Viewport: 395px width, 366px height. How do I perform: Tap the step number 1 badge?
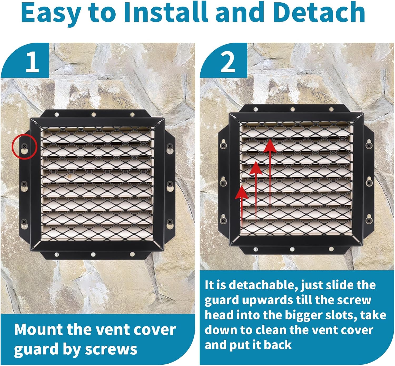(x=32, y=62)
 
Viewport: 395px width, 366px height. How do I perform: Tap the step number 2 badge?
(x=228, y=62)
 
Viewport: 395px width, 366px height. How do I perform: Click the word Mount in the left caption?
(x=38, y=329)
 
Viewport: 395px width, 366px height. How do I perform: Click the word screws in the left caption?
(x=111, y=349)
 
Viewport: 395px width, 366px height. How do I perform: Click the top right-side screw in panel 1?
(x=170, y=146)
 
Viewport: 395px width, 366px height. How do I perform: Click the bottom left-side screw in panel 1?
(x=24, y=222)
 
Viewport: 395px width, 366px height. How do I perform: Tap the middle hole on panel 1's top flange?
(x=93, y=115)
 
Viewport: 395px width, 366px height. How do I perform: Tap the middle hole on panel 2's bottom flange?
(x=292, y=249)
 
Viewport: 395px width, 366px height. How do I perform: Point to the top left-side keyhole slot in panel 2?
(x=223, y=145)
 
